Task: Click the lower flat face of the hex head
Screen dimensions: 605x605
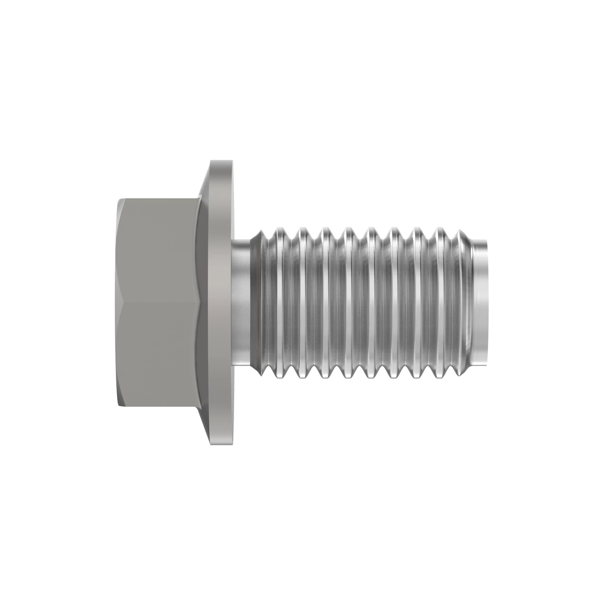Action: click(160, 354)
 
